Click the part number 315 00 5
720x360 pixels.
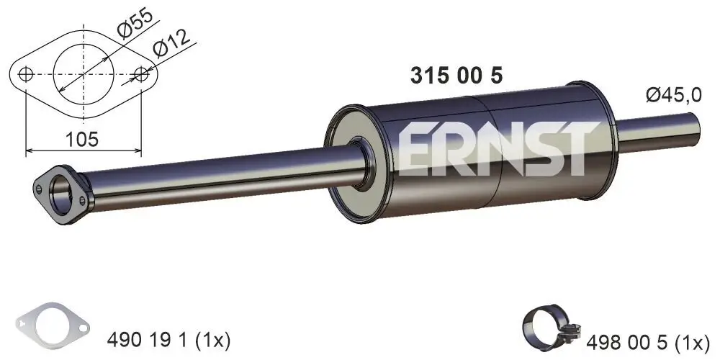[x=456, y=76]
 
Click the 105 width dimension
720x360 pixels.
[x=81, y=138]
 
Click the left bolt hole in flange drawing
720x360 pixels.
[x=27, y=74]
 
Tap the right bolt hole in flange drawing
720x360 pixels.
[x=142, y=74]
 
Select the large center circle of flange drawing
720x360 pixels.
[x=84, y=74]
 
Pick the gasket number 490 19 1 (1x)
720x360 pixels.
[x=168, y=338]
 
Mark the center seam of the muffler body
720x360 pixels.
[x=491, y=155]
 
